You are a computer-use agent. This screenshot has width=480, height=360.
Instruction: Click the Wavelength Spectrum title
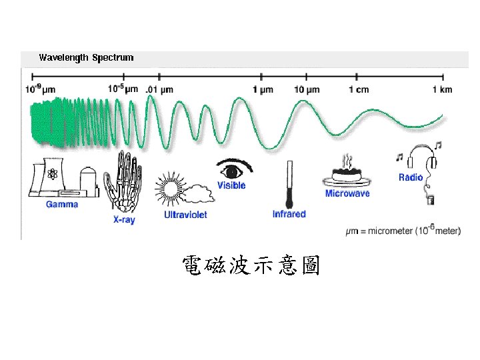86,57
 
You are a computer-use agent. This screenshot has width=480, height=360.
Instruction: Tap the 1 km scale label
442,89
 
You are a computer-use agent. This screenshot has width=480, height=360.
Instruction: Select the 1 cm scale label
359,89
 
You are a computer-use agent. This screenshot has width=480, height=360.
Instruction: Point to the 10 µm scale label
307,89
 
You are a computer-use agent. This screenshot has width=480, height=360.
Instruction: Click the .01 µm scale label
160,89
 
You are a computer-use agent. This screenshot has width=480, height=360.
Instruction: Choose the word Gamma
62,204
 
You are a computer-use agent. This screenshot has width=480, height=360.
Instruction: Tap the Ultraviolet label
185,215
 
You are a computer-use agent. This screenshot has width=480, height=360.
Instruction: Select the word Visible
231,185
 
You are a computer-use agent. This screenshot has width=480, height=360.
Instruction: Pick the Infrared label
289,214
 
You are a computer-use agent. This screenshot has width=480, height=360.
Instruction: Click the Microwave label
347,193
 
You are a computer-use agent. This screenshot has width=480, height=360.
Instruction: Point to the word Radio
411,177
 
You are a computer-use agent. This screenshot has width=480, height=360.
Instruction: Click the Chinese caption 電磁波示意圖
251,267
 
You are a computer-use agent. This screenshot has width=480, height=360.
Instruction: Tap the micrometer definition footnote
403,231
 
